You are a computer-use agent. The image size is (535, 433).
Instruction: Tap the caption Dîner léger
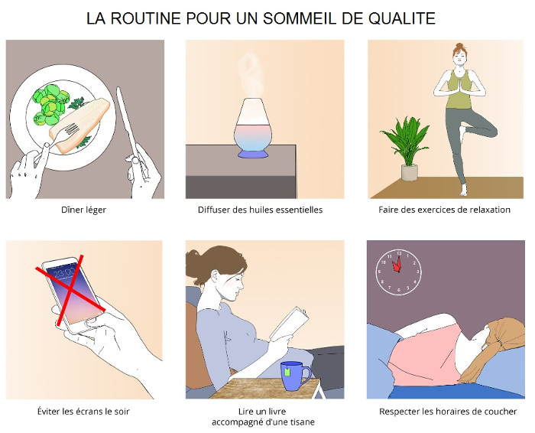[x=83, y=210]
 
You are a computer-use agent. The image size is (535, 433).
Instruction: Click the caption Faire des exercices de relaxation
[x=445, y=210]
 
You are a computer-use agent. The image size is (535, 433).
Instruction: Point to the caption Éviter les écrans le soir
[x=84, y=412]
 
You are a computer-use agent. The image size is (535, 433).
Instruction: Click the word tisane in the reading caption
[x=301, y=422]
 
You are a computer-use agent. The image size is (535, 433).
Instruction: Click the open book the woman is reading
[x=290, y=325]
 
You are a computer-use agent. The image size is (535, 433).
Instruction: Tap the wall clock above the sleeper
[x=400, y=271]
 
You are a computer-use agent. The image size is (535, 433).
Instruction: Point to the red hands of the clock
[x=397, y=265]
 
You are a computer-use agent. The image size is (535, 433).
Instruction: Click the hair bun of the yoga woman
[x=459, y=47]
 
